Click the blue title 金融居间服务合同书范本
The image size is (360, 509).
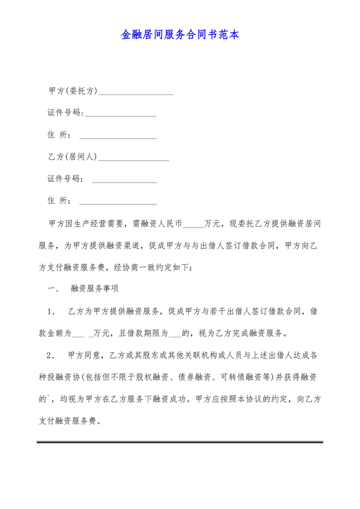pos(180,35)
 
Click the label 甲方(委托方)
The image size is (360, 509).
pos(73,91)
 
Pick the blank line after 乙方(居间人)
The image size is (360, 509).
pos(133,158)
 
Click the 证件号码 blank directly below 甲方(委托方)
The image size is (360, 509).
pos(120,114)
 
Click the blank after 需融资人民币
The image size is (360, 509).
pos(193,225)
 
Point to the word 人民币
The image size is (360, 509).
pos(168,224)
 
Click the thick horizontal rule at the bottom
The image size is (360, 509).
pos(180,442)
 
